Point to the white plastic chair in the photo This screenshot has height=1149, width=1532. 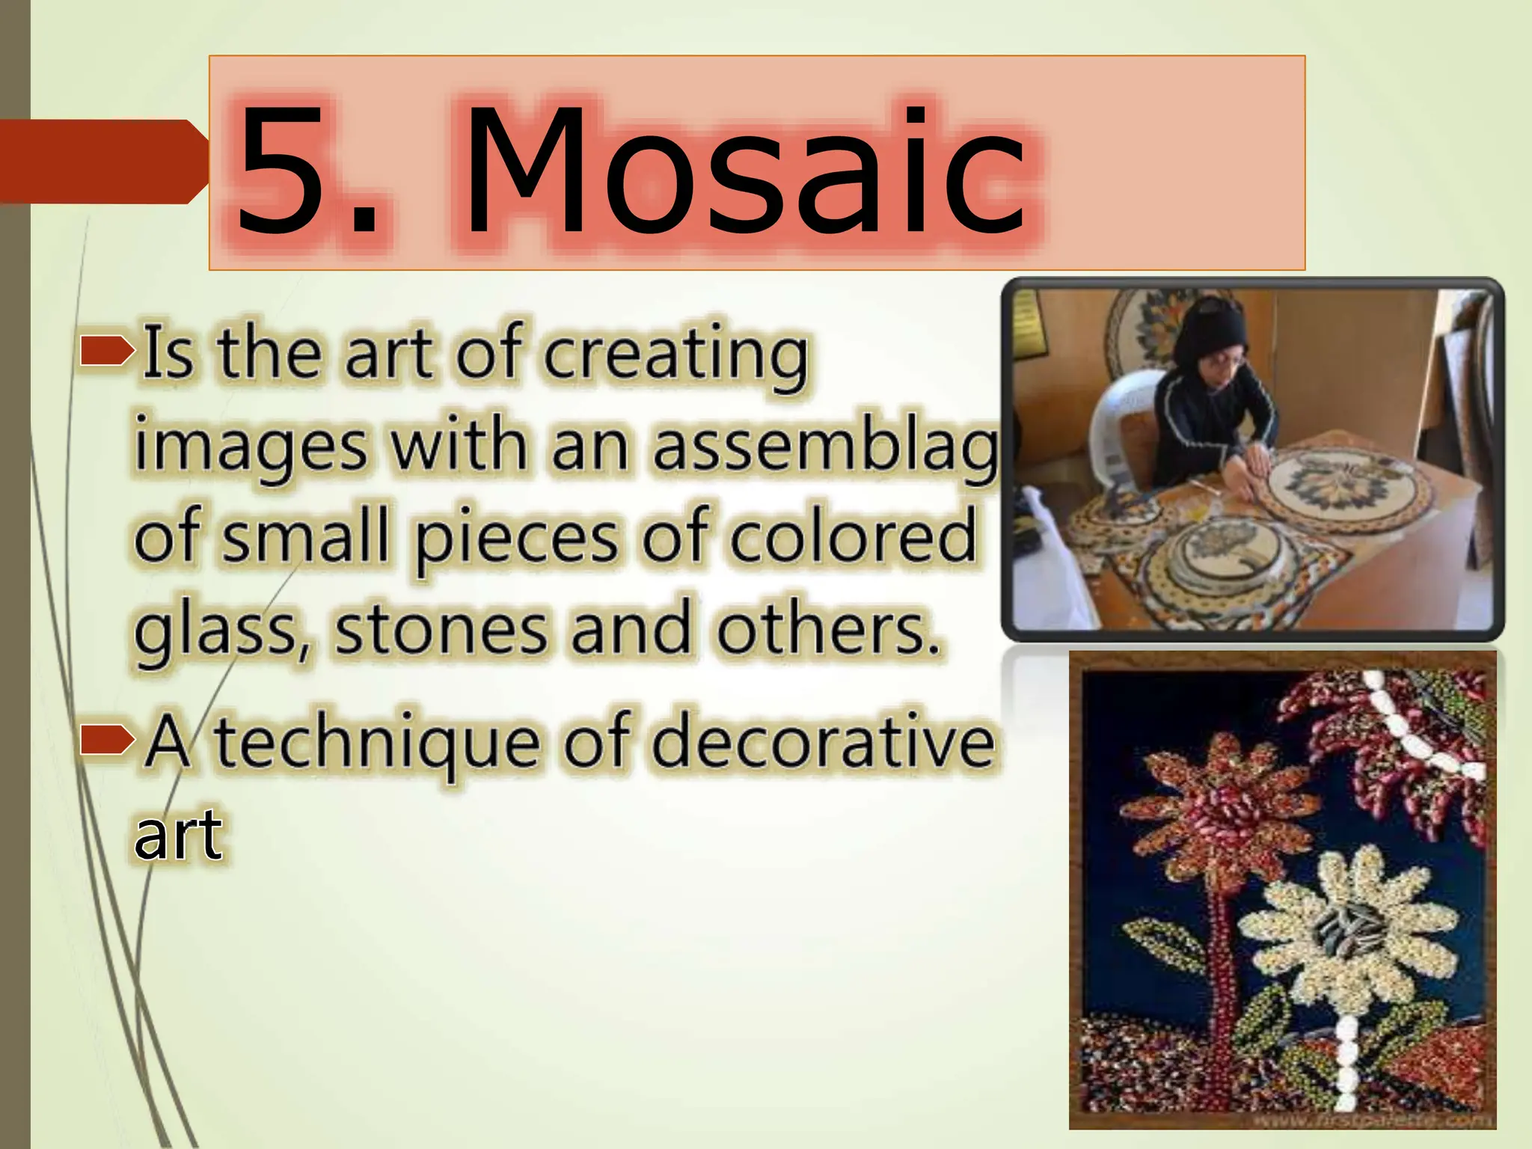pyautogui.click(x=1122, y=434)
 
